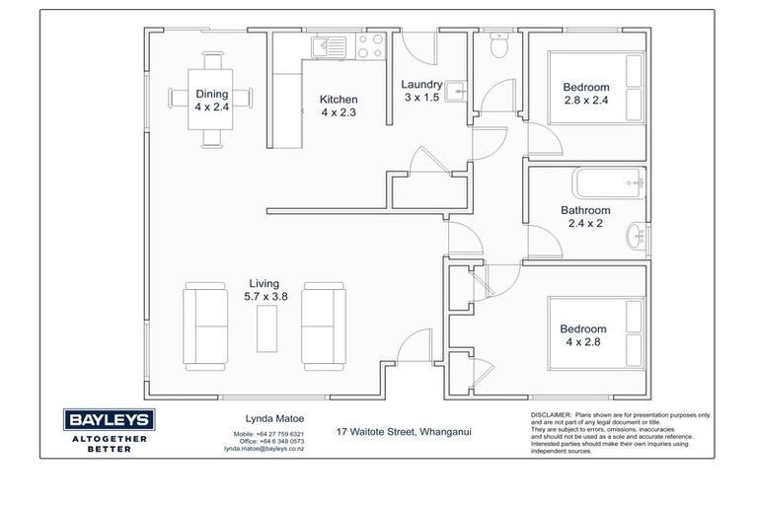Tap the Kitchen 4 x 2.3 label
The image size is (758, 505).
point(339,106)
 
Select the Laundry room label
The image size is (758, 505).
point(421,91)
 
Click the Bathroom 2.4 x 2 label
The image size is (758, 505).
point(585,216)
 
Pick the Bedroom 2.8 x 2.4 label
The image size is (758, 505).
point(586,93)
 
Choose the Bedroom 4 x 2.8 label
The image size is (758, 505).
point(583,335)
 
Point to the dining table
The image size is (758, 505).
point(210,99)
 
